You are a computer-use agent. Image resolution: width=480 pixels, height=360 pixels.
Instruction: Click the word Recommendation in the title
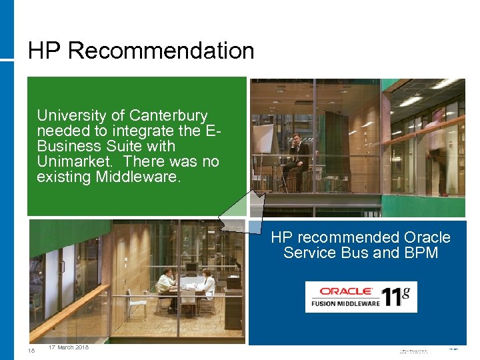coord(161,51)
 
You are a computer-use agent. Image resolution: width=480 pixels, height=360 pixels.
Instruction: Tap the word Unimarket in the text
coord(73,161)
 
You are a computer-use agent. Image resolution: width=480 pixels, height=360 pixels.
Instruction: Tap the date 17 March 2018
coord(69,347)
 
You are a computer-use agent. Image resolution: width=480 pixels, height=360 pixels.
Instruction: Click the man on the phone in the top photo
coord(297,159)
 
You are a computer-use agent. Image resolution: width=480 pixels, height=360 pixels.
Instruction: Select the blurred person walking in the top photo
coord(437,150)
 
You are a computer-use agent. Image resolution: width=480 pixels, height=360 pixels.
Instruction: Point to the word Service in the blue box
coord(311,253)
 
